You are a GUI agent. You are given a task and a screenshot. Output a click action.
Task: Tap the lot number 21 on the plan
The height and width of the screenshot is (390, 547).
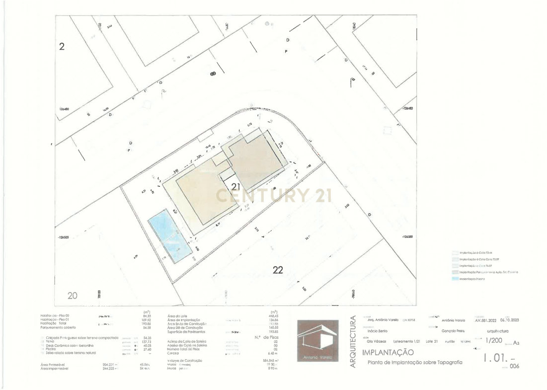pos(235,187)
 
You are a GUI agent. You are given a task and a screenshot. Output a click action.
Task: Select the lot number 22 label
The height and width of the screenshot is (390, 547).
pos(278,270)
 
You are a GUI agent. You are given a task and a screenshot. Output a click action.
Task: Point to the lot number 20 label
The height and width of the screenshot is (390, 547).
pos(73,296)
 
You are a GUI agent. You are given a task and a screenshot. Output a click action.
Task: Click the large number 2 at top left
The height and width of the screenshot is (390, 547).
pos(62,47)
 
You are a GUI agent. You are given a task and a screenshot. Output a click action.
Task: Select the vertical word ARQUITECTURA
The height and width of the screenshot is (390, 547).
pos(353,341)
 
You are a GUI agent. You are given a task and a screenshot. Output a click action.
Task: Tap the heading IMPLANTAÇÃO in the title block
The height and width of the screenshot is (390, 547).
pos(388,352)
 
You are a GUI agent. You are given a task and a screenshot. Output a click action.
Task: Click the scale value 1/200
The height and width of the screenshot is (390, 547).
pos(493,340)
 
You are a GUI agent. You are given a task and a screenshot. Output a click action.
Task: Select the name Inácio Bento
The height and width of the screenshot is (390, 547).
pos(377,330)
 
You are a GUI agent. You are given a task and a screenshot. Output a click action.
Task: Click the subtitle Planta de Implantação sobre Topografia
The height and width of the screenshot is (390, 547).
pos(414,363)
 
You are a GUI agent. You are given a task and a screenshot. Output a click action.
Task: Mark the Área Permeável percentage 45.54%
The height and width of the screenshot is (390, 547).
pos(145,365)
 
